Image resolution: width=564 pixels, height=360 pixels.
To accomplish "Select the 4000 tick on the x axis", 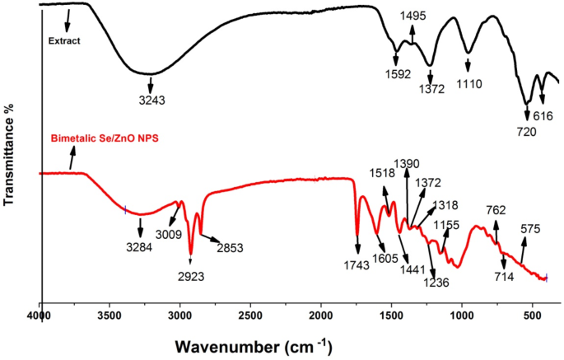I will [40, 315].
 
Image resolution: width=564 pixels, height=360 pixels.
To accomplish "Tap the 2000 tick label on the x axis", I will [320, 315].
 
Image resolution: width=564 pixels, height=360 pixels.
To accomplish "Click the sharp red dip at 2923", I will [191, 254].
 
